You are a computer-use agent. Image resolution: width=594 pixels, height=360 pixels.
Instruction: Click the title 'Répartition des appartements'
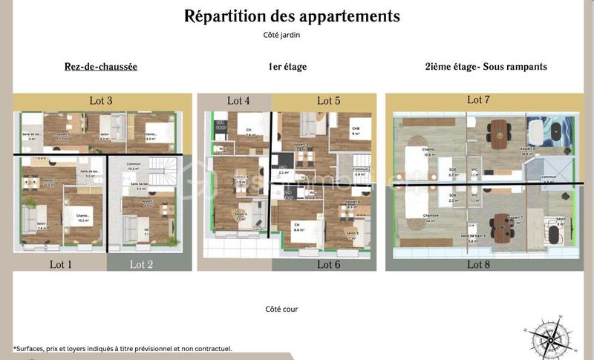[292, 16]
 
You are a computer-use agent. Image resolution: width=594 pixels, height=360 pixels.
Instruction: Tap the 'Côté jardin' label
[281, 34]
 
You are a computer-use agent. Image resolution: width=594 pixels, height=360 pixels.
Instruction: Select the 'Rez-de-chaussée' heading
[101, 67]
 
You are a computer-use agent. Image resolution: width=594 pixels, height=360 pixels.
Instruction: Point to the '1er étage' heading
[287, 67]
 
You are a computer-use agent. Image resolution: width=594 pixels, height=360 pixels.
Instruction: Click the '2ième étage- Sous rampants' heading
[486, 67]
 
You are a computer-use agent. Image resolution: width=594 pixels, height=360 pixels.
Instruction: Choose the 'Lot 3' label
[101, 101]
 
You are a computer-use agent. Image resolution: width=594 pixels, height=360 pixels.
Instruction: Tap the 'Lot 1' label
[61, 264]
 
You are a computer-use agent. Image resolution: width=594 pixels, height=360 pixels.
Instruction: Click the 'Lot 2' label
[141, 264]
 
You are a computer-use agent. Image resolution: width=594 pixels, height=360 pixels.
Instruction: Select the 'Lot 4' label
[238, 101]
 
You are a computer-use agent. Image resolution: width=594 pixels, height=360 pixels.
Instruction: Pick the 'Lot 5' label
[329, 101]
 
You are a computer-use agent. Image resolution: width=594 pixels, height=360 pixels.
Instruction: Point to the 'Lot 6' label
[329, 264]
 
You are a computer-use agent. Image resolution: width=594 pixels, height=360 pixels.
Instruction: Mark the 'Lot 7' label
[479, 99]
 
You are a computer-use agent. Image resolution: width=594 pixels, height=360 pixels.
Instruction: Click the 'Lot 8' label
[479, 264]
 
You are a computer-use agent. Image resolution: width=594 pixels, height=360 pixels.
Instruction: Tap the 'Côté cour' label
[281, 309]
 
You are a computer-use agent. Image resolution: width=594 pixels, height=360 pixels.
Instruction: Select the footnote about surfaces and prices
[123, 348]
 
